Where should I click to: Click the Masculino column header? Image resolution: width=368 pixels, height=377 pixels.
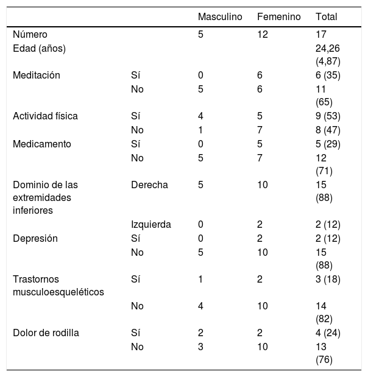pyautogui.click(x=220, y=17)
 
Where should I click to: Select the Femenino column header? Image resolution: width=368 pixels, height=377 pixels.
pyautogui.click(x=279, y=17)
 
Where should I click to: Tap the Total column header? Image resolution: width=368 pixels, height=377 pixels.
pyautogui.click(x=327, y=17)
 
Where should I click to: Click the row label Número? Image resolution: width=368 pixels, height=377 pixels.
pyautogui.click(x=30, y=34)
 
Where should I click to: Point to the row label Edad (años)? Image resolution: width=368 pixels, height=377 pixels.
pyautogui.click(x=39, y=49)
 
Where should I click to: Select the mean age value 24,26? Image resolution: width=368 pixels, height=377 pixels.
pyautogui.click(x=328, y=49)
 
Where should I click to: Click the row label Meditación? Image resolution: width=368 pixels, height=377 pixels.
pyautogui.click(x=37, y=76)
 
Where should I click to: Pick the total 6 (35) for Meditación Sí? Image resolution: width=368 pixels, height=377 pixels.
pyautogui.click(x=328, y=76)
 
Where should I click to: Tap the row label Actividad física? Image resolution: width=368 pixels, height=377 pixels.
pyautogui.click(x=45, y=116)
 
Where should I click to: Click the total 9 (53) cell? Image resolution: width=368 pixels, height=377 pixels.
pyautogui.click(x=328, y=116)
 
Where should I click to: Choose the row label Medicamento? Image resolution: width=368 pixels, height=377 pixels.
pyautogui.click(x=42, y=144)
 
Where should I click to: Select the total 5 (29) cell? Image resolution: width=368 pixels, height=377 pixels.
pyautogui.click(x=328, y=144)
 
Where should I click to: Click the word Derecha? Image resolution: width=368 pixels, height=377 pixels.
pyautogui.click(x=149, y=185)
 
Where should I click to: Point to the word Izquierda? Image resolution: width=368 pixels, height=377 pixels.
pyautogui.click(x=151, y=225)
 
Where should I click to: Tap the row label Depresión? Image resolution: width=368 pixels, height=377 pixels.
pyautogui.click(x=35, y=239)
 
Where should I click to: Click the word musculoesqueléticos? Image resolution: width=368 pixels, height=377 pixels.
pyautogui.click(x=58, y=292)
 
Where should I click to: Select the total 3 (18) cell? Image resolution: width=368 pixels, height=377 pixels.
pyautogui.click(x=328, y=280)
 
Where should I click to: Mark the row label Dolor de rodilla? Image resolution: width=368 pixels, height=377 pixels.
pyautogui.click(x=46, y=333)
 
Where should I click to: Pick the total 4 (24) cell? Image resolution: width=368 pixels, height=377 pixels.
pyautogui.click(x=328, y=333)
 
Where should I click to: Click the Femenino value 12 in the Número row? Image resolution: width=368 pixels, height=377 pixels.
pyautogui.click(x=263, y=34)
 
